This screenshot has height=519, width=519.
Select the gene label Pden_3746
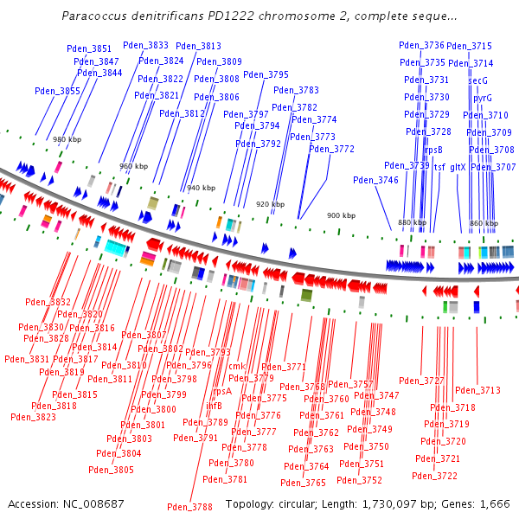click(x=375, y=180)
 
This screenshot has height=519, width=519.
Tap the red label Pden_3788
click(x=189, y=507)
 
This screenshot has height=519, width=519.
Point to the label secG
click(x=477, y=80)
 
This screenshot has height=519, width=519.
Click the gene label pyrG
click(x=482, y=99)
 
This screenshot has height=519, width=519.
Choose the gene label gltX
click(x=458, y=166)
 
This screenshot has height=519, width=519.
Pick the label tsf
click(x=439, y=166)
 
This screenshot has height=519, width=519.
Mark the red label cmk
click(x=236, y=366)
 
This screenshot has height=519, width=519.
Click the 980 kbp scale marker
click(x=67, y=139)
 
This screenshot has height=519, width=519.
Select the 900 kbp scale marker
click(x=340, y=215)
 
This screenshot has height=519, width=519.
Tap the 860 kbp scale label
click(x=482, y=223)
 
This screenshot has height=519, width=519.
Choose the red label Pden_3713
click(x=477, y=390)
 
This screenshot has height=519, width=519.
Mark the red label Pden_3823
click(x=33, y=417)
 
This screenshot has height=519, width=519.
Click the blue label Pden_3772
click(x=331, y=149)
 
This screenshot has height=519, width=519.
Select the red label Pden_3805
click(x=112, y=470)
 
